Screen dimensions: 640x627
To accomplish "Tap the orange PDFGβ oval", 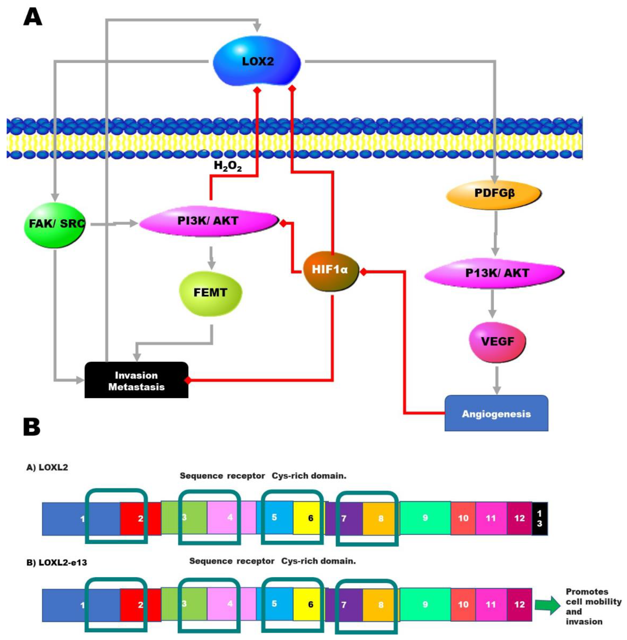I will pyautogui.click(x=494, y=194).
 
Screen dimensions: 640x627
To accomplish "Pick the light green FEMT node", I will pyautogui.click(x=210, y=293).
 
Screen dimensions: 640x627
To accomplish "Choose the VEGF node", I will pyautogui.click(x=497, y=342).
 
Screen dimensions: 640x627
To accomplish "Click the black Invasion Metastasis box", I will pyautogui.click(x=136, y=381).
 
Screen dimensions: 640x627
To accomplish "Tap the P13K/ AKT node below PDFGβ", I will pyautogui.click(x=494, y=273).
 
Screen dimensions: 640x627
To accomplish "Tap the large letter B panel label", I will pyautogui.click(x=32, y=428).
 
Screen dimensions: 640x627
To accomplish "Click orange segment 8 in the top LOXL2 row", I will pyautogui.click(x=380, y=518).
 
